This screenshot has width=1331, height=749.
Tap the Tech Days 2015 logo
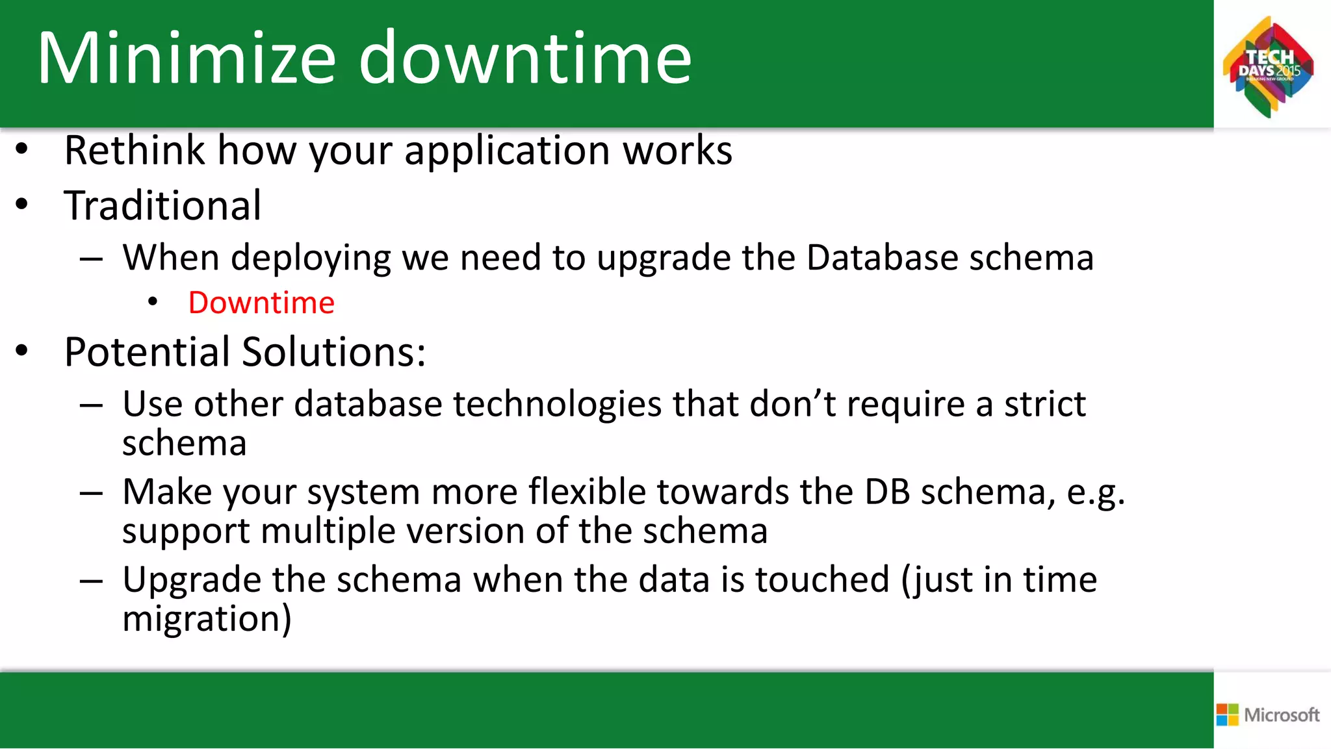(1268, 67)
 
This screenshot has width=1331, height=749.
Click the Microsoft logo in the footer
(1268, 715)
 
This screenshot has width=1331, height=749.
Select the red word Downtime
(261, 303)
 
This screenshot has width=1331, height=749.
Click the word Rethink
(135, 151)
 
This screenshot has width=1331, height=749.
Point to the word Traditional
(162, 206)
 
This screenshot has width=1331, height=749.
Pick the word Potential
(148, 352)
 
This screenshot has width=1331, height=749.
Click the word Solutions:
(334, 352)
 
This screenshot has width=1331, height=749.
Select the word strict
(1044, 404)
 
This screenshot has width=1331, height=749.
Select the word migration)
(207, 619)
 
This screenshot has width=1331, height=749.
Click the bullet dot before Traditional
(22, 205)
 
